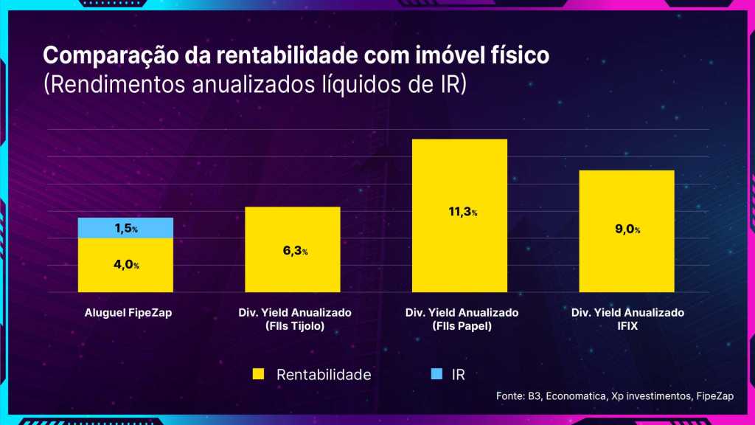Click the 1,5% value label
(x=126, y=229)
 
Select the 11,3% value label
(x=460, y=212)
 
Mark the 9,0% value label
(x=627, y=229)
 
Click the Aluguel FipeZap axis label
(x=125, y=313)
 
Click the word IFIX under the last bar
(x=627, y=325)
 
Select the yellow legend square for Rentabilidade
(x=258, y=374)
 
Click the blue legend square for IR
(x=436, y=374)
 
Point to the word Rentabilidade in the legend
(x=324, y=375)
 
